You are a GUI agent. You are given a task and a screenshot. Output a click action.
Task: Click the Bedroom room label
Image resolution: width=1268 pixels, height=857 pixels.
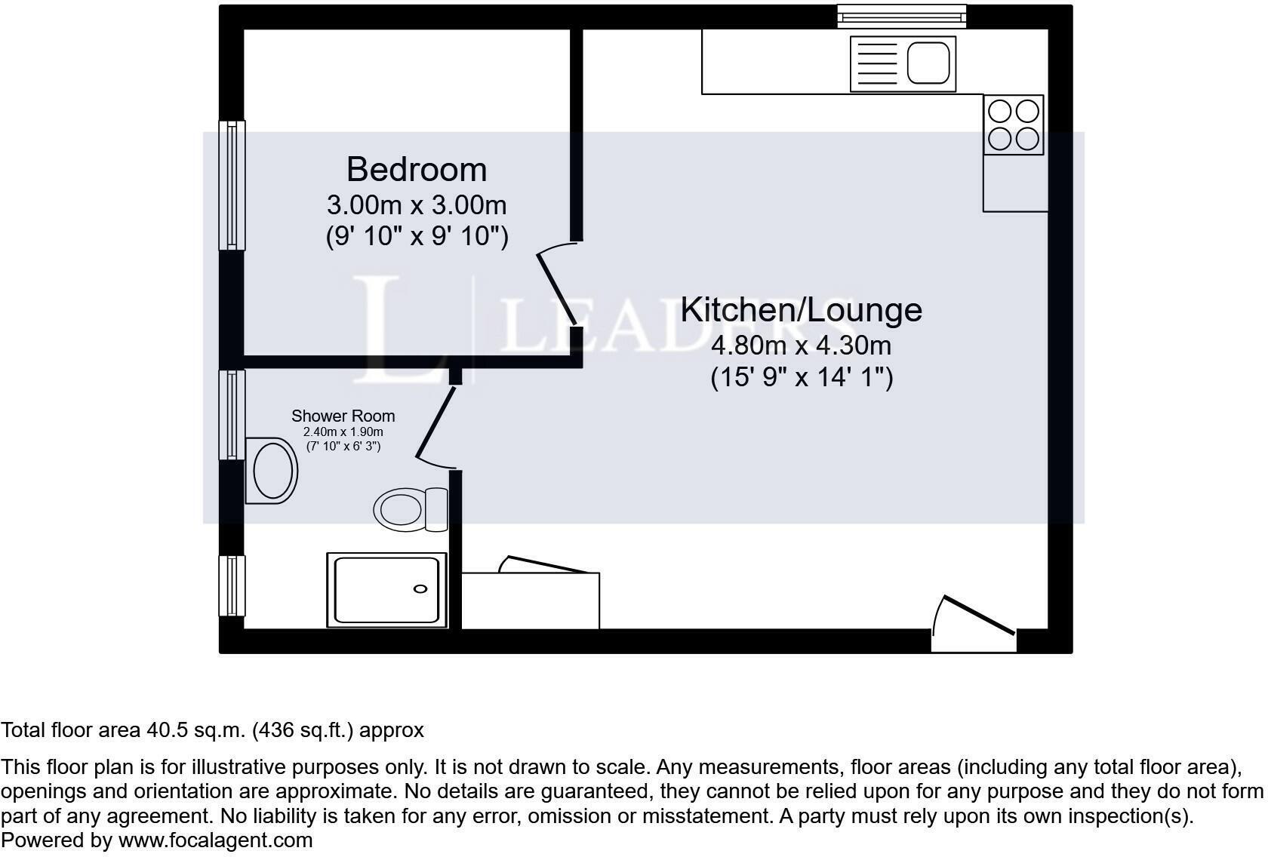416,170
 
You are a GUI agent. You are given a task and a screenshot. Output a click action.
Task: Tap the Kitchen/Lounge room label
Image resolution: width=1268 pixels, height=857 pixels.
801,310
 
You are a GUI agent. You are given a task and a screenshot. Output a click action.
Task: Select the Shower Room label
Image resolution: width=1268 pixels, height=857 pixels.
343,416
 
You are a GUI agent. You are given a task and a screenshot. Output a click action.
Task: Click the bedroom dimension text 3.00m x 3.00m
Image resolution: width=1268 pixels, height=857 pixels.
416,205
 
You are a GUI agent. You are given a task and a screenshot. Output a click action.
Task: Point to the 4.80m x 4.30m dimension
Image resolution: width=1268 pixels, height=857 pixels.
801,346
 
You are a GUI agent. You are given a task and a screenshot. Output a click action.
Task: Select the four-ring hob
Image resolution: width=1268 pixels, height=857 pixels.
1013,125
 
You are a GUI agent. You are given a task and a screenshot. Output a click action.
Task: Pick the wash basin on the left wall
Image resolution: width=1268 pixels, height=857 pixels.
271,470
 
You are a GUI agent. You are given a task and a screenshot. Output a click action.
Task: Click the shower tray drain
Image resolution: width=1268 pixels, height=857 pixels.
420,589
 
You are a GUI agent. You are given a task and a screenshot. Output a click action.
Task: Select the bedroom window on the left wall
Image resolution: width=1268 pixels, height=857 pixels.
232,185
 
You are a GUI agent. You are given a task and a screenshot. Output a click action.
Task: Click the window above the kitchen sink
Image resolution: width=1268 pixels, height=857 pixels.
901,16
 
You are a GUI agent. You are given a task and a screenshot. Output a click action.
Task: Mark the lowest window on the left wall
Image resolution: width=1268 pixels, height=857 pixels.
232,586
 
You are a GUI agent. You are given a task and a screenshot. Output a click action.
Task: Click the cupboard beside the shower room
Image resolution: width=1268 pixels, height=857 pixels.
530,601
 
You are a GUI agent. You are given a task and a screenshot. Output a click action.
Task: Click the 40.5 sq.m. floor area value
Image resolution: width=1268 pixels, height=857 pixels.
195,730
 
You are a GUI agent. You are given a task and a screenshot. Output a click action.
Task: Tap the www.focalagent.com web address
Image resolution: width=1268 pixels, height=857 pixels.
215,840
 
